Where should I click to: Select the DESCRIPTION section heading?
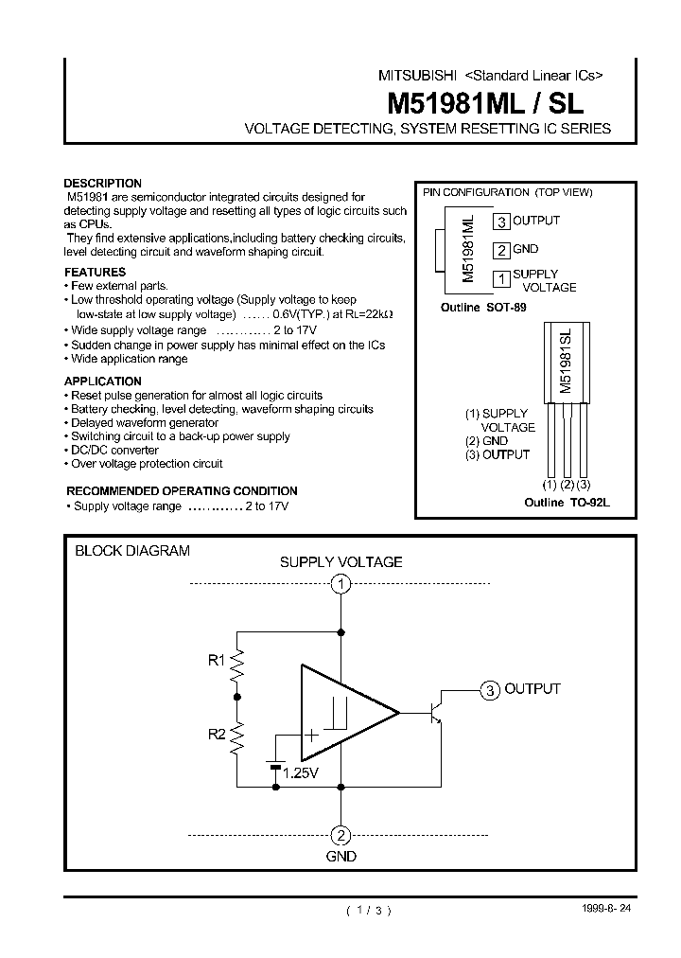tap(102, 184)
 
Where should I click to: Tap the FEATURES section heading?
tap(95, 272)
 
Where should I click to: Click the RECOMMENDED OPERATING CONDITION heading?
tap(182, 491)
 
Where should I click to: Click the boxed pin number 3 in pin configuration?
tap(501, 222)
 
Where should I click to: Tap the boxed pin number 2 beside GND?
tap(501, 250)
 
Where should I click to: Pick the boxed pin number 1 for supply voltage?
tap(501, 278)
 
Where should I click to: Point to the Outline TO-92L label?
tap(567, 503)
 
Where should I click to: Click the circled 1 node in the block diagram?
tap(341, 584)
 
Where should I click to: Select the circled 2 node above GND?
tap(341, 835)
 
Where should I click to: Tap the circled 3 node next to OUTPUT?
tap(489, 690)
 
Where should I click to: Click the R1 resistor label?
tap(217, 661)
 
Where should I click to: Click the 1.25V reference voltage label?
tap(301, 773)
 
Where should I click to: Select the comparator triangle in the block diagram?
tap(340, 712)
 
